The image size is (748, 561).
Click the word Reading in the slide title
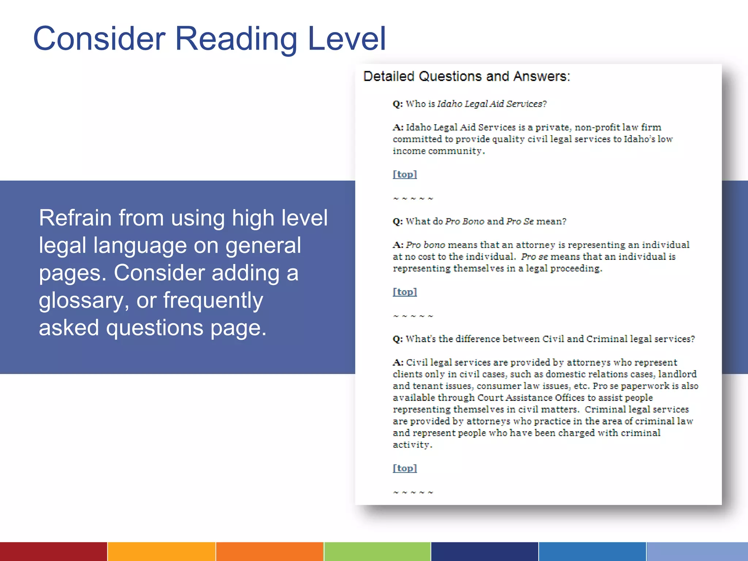pyautogui.click(x=236, y=39)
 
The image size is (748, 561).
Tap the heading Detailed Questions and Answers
pyautogui.click(x=466, y=76)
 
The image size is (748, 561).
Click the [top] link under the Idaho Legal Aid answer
pyautogui.click(x=405, y=174)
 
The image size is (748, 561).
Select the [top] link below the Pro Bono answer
pyautogui.click(x=405, y=292)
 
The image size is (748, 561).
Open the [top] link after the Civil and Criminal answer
pyautogui.click(x=405, y=468)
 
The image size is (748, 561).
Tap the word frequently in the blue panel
pyautogui.click(x=213, y=300)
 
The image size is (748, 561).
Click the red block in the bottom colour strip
pyautogui.click(x=53, y=552)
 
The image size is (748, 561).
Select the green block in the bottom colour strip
pyautogui.click(x=377, y=552)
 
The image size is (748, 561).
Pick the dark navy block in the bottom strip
pyautogui.click(x=484, y=552)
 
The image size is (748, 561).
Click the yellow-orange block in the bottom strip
pyautogui.click(x=161, y=552)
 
